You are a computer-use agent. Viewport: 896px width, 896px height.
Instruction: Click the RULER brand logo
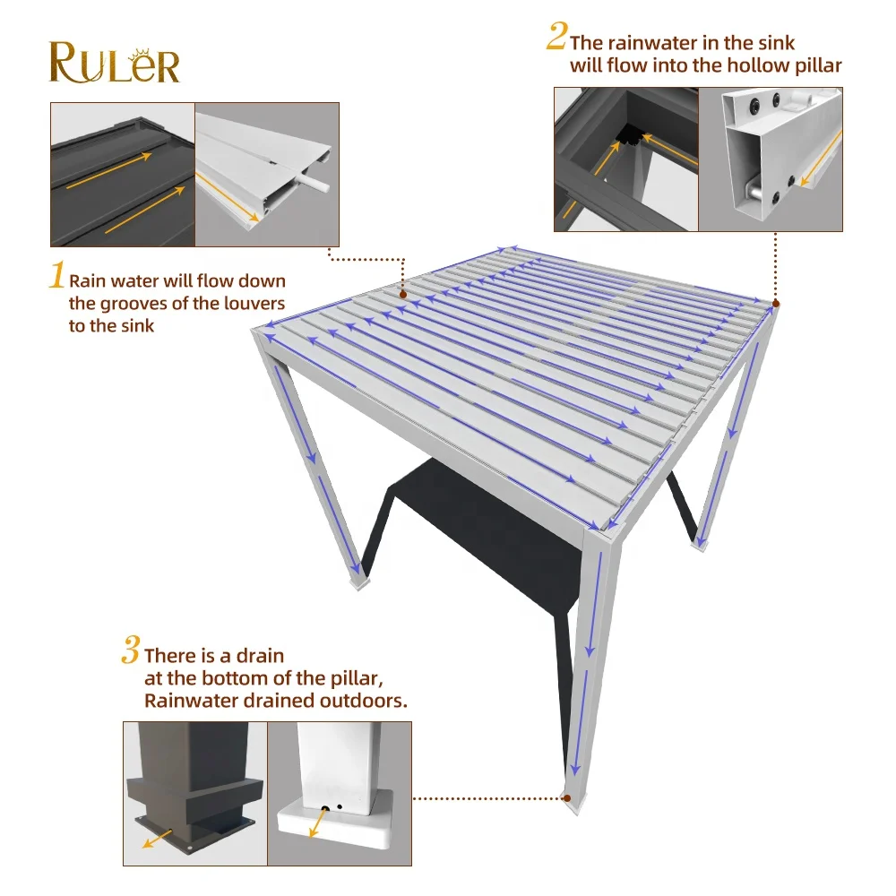click(x=114, y=61)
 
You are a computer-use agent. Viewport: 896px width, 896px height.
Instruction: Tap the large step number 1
click(x=56, y=276)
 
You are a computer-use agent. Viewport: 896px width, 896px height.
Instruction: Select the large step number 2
click(x=556, y=38)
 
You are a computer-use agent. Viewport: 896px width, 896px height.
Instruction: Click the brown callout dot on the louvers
click(x=403, y=294)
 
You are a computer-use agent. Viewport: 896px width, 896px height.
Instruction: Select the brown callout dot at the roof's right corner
click(x=775, y=305)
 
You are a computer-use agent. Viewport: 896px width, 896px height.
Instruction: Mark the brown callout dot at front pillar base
click(x=566, y=797)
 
